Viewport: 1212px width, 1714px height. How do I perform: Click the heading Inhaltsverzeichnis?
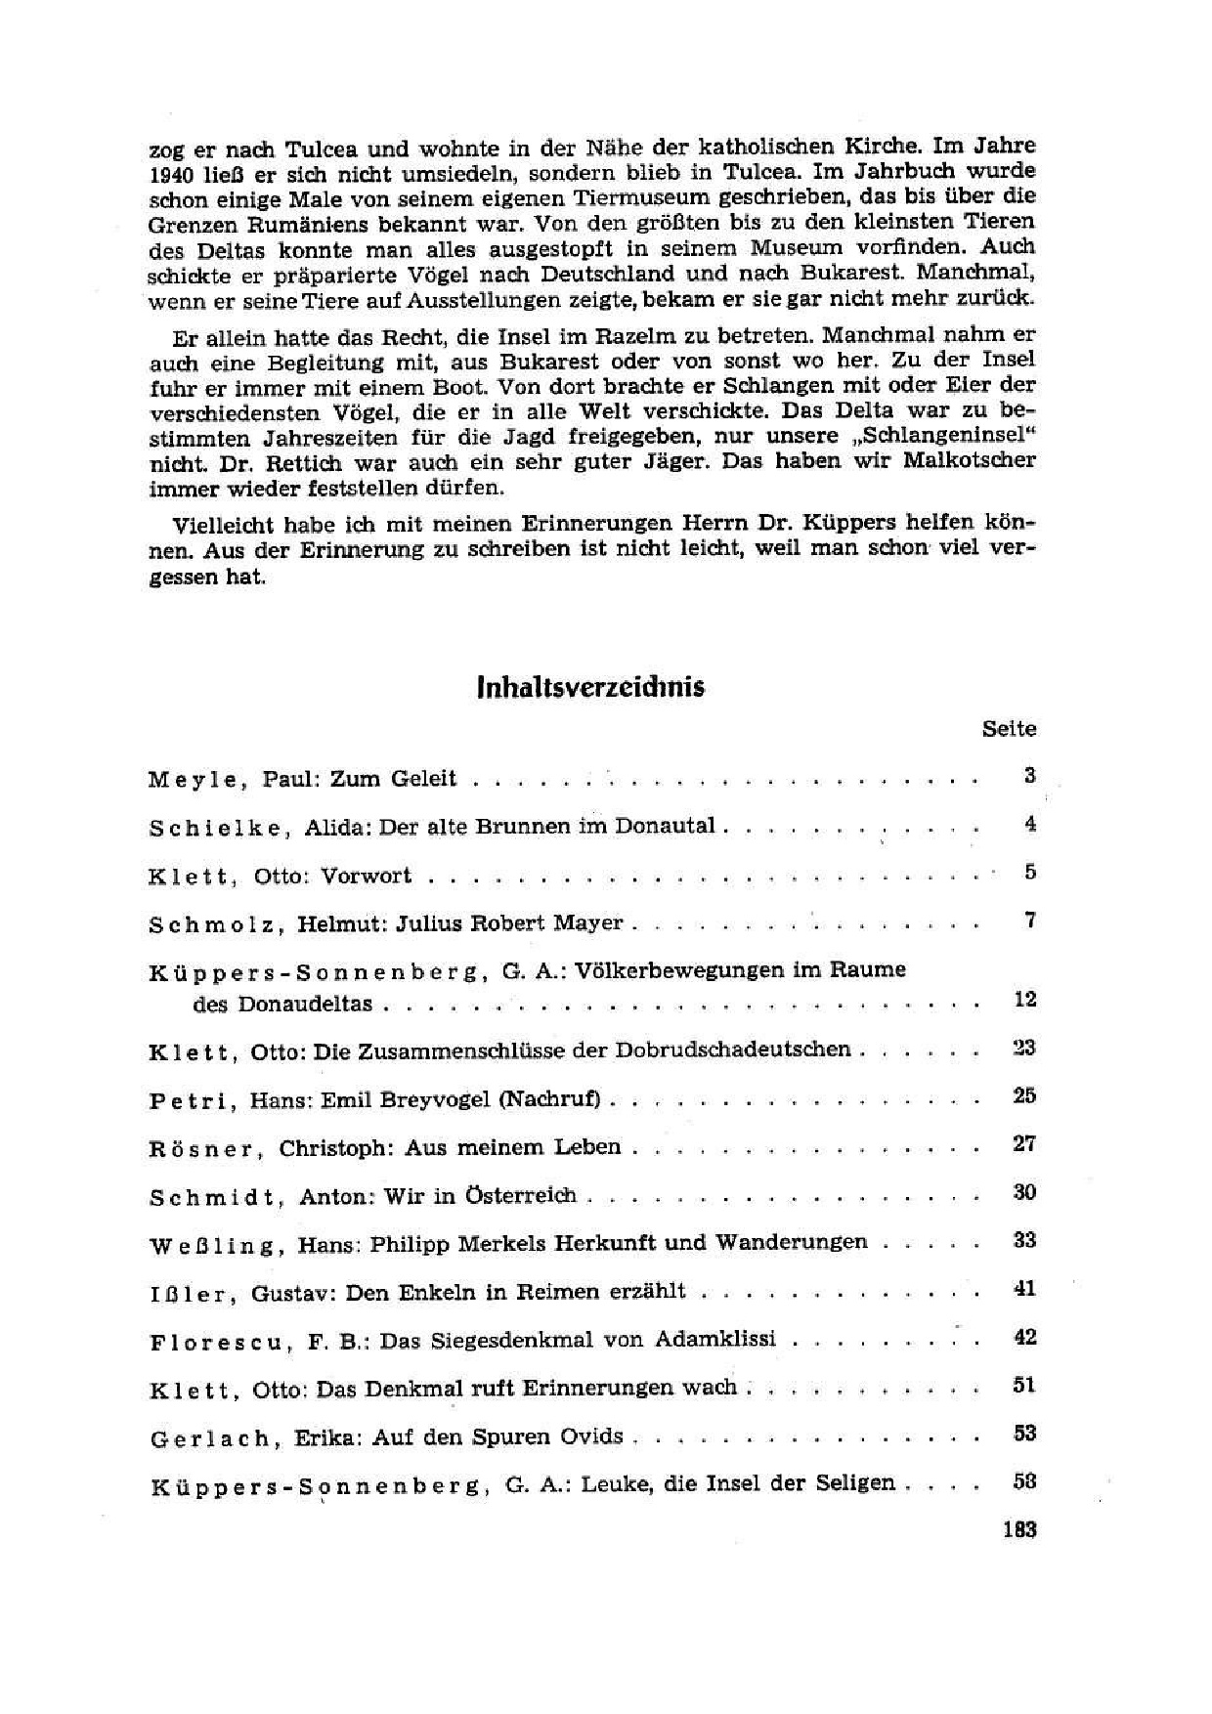pyautogui.click(x=590, y=687)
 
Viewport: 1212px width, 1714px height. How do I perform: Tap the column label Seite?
pyautogui.click(x=1009, y=729)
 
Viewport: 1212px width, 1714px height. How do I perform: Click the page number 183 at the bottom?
pyautogui.click(x=1018, y=1530)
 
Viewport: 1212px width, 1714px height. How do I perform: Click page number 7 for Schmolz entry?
pyautogui.click(x=1029, y=921)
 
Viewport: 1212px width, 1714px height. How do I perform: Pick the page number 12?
pyautogui.click(x=1024, y=1000)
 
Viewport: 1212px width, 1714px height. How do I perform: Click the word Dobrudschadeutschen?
pyautogui.click(x=732, y=1050)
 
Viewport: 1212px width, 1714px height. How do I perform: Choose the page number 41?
pyautogui.click(x=1024, y=1289)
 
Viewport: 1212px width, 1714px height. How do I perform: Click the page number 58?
pyautogui.click(x=1024, y=1481)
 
